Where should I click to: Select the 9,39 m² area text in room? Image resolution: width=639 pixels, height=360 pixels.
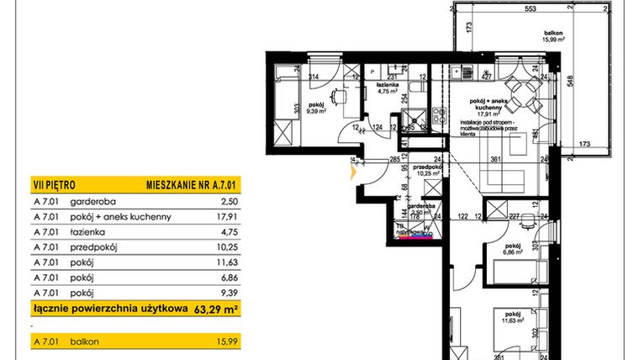pos(316,110)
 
